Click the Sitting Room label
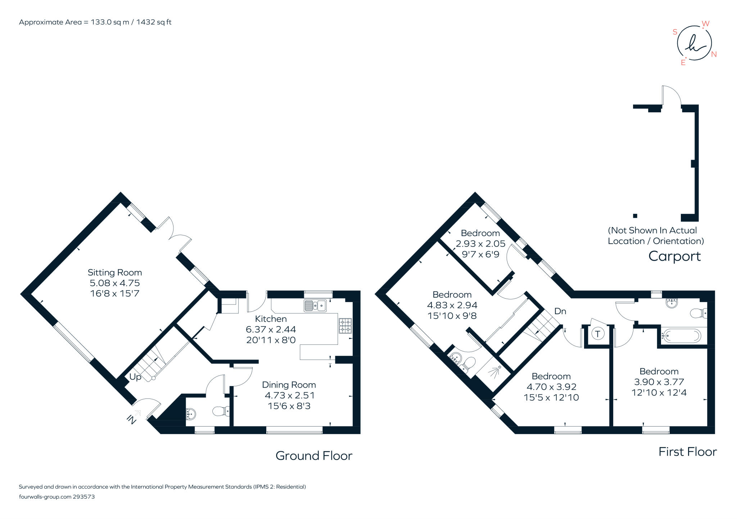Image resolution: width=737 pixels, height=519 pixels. (115, 272)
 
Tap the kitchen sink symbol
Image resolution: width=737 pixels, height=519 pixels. (315, 306)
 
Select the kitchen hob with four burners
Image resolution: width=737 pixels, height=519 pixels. (345, 326)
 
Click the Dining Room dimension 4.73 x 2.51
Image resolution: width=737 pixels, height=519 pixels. (290, 395)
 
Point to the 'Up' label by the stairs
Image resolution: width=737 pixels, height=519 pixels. (135, 377)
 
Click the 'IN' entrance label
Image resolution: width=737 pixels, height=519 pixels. (131, 419)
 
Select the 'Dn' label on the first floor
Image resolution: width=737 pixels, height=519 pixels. (560, 311)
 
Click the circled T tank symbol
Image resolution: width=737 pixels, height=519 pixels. (598, 334)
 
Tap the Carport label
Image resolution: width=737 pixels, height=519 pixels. (674, 256)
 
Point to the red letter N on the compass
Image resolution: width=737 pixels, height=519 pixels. (714, 54)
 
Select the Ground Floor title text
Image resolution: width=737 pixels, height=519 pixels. (314, 456)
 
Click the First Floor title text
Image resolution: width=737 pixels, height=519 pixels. (687, 452)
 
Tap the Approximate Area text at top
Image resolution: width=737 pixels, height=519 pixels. (95, 22)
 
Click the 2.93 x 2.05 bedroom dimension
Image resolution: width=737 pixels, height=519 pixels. (480, 244)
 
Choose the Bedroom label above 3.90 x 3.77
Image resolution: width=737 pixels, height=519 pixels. (659, 371)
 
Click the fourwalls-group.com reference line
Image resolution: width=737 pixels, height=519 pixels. (56, 497)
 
